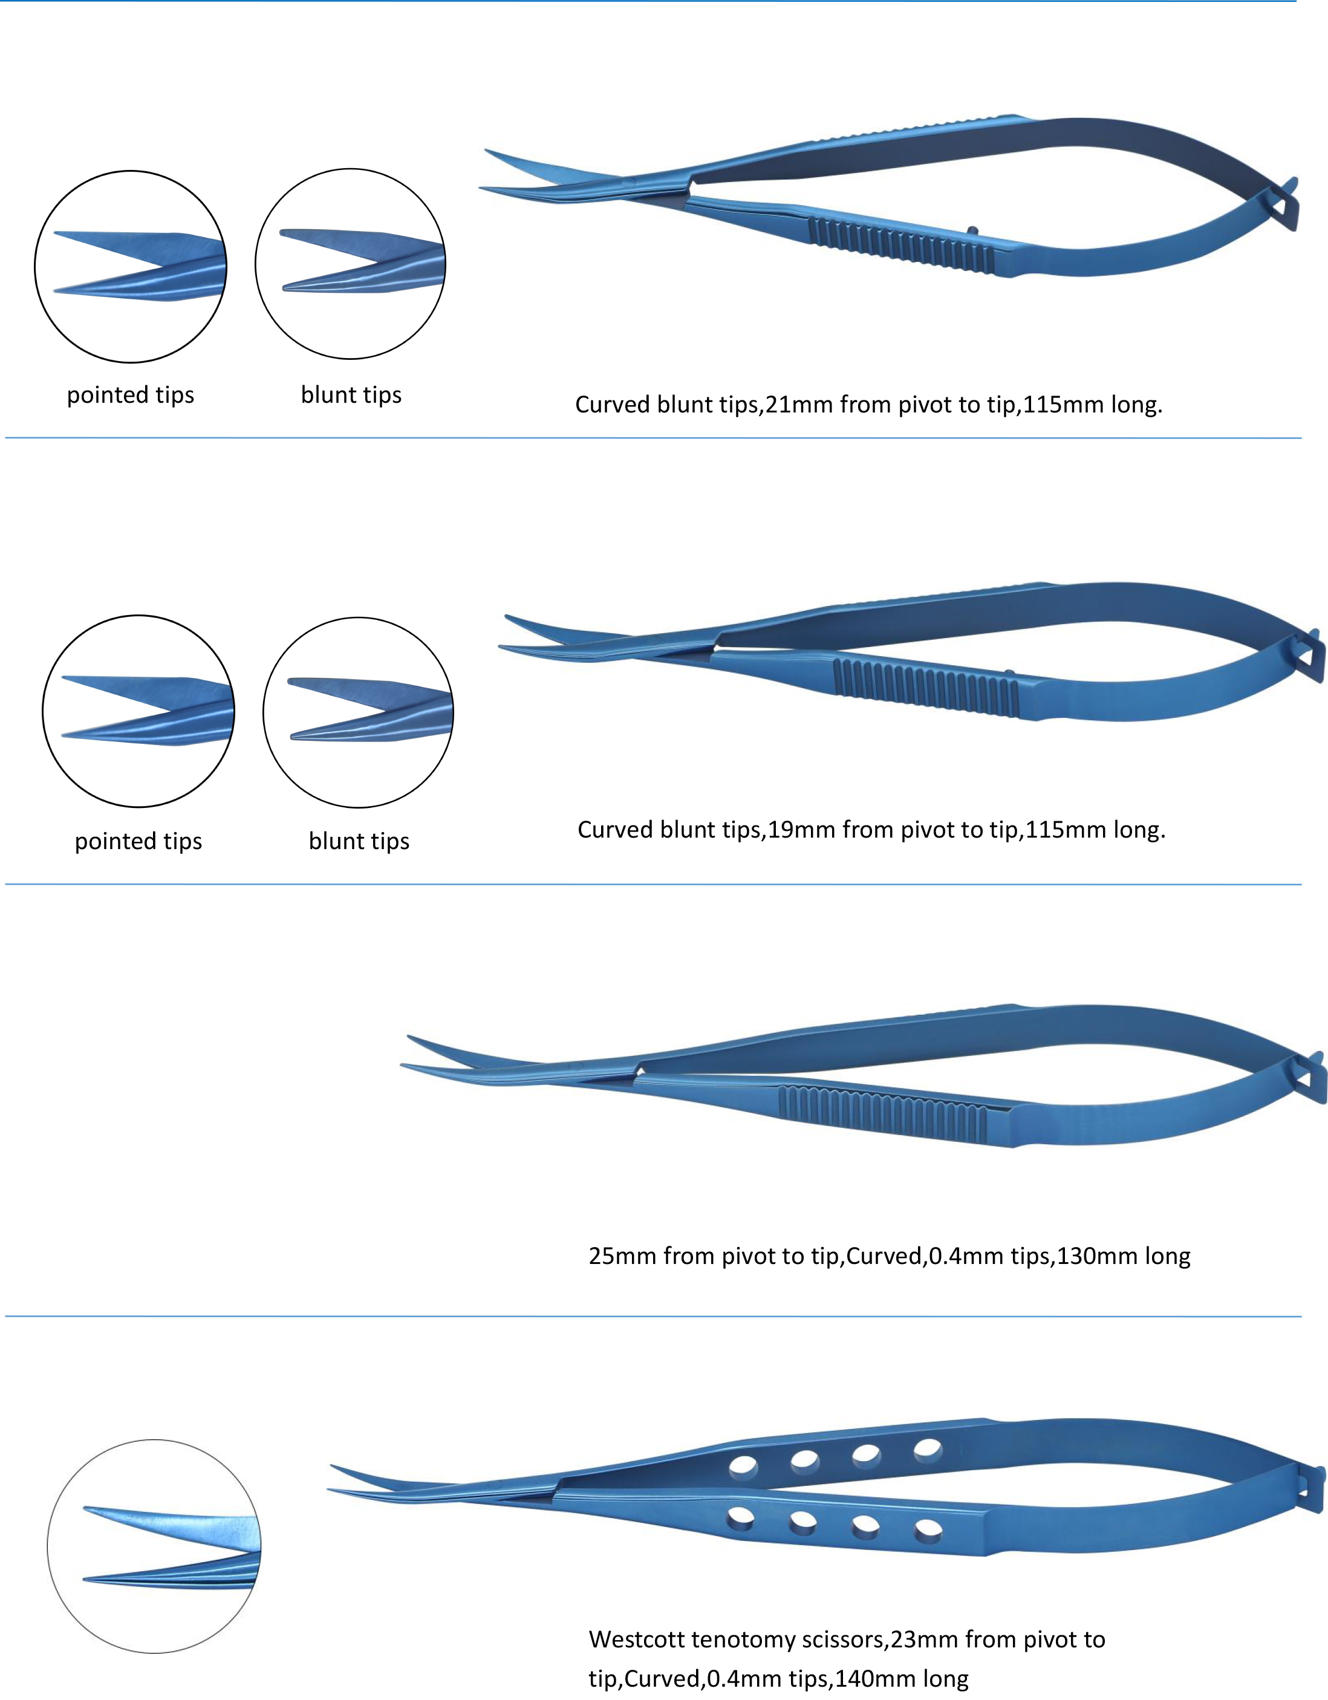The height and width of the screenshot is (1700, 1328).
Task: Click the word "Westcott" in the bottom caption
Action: pyautogui.click(x=636, y=1640)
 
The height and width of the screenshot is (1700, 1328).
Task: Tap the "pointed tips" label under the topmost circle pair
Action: pyautogui.click(x=131, y=396)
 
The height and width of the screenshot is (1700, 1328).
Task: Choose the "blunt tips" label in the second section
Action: pyautogui.click(x=359, y=841)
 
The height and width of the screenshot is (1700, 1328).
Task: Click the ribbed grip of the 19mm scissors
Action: pyautogui.click(x=926, y=687)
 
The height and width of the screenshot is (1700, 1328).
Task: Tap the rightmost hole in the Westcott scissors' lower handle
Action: pyautogui.click(x=928, y=1532)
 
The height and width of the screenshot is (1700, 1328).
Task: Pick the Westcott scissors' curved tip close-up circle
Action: pyautogui.click(x=154, y=1546)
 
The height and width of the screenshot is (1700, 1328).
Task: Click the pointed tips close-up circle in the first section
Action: pyautogui.click(x=131, y=267)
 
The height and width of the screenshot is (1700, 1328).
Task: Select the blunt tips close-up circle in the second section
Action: pyautogui.click(x=358, y=713)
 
